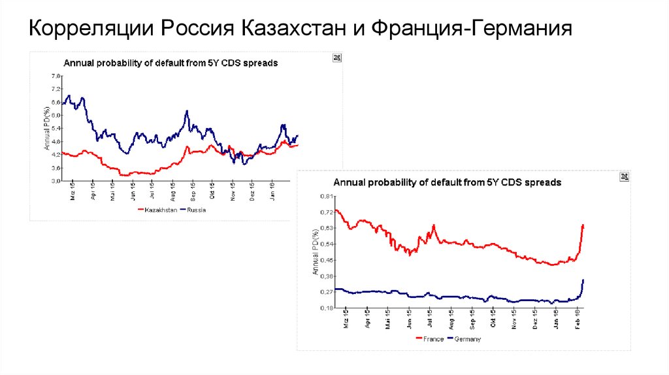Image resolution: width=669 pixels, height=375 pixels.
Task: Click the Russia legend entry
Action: [x=194, y=210]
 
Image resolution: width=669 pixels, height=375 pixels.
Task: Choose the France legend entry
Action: [x=431, y=338]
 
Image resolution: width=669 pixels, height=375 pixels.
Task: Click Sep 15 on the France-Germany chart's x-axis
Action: [x=472, y=321]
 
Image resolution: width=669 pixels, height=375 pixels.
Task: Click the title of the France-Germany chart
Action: [x=448, y=183]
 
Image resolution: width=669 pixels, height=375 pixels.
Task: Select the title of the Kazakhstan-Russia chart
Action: [x=171, y=63]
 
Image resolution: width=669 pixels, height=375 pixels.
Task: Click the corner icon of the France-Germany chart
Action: [x=624, y=177]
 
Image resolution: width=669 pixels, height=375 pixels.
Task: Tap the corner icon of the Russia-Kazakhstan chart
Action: [x=337, y=58]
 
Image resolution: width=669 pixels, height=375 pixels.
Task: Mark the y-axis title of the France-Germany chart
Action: [x=316, y=252]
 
